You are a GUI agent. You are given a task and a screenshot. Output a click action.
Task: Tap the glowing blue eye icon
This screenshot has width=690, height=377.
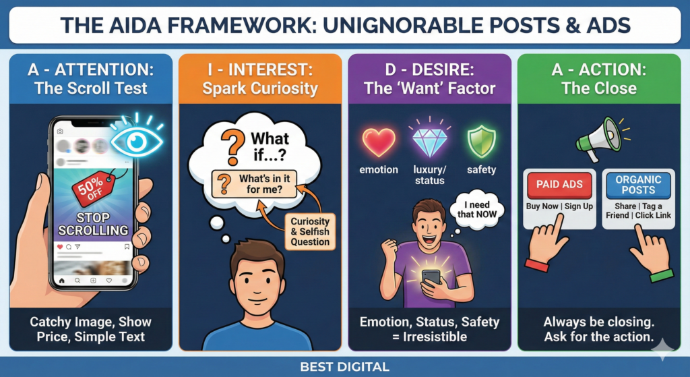click(x=136, y=141)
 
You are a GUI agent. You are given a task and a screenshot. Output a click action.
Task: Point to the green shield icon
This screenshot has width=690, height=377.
click(x=481, y=142)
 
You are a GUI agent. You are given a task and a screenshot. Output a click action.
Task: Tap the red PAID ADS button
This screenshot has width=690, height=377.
click(x=559, y=185)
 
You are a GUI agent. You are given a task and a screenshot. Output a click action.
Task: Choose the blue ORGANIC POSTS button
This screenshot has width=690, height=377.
click(x=638, y=185)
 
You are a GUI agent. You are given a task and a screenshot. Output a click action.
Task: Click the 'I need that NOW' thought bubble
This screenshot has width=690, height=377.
click(x=477, y=210)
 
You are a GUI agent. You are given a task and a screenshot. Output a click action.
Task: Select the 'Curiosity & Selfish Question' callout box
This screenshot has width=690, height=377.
click(x=310, y=231)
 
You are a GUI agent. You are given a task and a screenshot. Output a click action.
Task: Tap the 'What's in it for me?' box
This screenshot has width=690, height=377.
click(x=254, y=184)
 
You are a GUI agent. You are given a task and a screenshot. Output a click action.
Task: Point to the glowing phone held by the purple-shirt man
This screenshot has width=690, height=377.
click(x=431, y=279)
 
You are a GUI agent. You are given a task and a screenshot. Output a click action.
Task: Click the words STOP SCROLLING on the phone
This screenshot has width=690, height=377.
click(x=93, y=224)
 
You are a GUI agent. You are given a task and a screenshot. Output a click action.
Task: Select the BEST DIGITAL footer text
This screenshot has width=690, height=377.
click(x=344, y=366)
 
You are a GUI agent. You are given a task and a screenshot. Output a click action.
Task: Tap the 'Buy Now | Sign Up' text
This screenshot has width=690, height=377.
click(x=559, y=206)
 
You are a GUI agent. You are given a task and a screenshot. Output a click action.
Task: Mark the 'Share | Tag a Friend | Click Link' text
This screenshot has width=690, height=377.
click(x=638, y=210)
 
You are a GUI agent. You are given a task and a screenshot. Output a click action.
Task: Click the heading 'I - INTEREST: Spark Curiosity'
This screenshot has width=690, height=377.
click(x=260, y=79)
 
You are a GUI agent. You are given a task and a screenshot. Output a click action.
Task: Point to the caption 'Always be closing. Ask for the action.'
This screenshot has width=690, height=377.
click(x=598, y=329)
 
